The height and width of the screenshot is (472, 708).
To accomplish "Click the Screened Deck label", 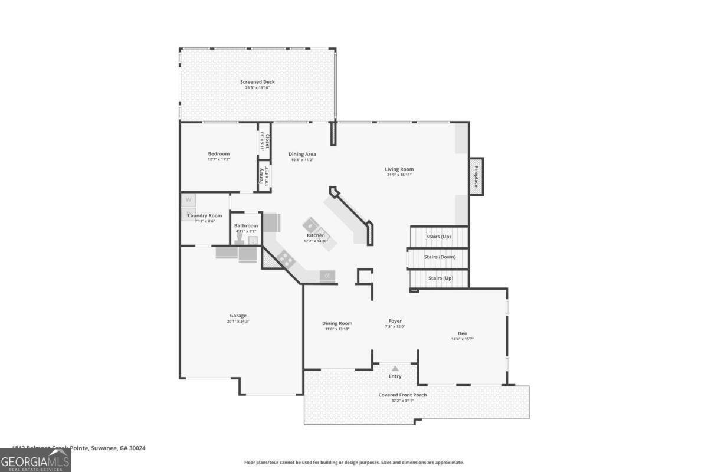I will [257, 82].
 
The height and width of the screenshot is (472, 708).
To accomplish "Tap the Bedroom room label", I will [218, 153].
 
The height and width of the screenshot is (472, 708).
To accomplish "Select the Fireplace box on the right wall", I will [476, 176].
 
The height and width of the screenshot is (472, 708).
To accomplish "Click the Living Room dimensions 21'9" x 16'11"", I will [399, 175].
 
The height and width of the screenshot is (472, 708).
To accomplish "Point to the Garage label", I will [238, 315].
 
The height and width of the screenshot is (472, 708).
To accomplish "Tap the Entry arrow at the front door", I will [395, 368].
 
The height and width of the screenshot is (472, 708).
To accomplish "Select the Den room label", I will [463, 333].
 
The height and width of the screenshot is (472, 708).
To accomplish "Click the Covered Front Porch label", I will [402, 395].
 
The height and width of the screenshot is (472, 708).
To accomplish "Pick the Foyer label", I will [395, 321].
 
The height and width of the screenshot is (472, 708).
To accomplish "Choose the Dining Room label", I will [337, 323].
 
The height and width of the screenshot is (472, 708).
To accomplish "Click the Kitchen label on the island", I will [316, 235].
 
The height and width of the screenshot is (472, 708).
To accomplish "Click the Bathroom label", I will [246, 225].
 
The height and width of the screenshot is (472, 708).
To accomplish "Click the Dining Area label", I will [302, 154].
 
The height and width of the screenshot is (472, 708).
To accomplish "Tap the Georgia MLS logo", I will [35, 460].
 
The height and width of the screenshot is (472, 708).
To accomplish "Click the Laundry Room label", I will [205, 215].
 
